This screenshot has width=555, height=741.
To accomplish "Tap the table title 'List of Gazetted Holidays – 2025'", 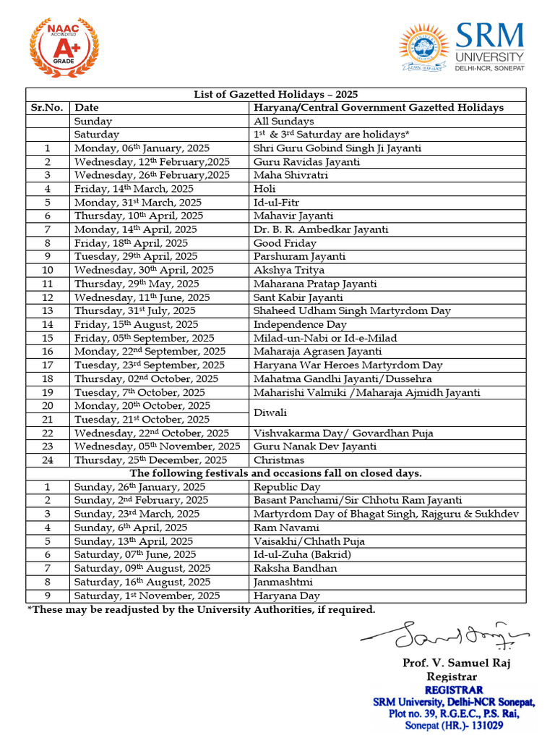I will (275, 94).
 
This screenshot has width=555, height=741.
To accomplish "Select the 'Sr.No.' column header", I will (48, 108).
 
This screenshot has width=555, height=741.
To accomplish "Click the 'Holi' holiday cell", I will (264, 189).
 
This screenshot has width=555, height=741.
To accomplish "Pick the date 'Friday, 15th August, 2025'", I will (136, 325).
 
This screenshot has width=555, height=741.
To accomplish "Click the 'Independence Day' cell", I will (300, 325).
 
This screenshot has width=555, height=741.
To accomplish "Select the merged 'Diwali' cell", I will (270, 412).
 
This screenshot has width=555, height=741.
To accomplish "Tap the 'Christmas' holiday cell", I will (278, 460).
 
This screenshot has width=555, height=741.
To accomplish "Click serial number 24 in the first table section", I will (48, 460).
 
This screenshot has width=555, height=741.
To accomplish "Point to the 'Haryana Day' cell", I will (285, 596).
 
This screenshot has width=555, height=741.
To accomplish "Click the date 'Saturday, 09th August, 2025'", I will (142, 569).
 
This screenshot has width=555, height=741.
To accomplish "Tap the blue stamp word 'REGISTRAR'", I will (453, 690).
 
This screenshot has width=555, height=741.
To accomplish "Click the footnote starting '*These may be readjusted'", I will (202, 610).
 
